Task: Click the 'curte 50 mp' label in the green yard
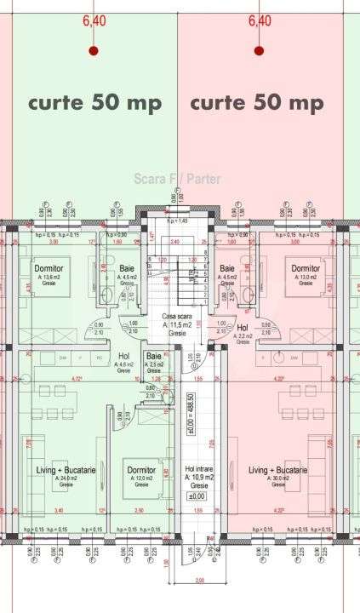coord(94,103)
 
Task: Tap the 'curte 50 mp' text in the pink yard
coord(256,103)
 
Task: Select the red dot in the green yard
coord(94,51)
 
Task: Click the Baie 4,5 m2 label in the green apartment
coord(127,271)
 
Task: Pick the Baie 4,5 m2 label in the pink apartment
coord(227,271)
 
